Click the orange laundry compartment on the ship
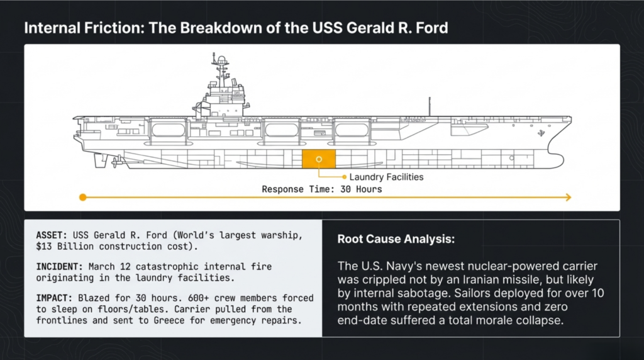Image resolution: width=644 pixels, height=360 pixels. tap(319, 159)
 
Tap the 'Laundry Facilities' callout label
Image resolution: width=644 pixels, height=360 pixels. tap(386, 177)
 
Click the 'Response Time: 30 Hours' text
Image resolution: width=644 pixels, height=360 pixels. tap(321, 189)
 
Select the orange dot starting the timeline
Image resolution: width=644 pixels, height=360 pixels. tap(82, 198)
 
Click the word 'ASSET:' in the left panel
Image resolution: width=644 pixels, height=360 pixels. tap(53, 235)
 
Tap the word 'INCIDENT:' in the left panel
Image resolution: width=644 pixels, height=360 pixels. tap(61, 266)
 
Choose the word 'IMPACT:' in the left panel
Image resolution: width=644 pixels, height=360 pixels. tap(56, 298)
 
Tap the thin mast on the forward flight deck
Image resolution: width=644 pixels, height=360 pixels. tap(430, 106)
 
